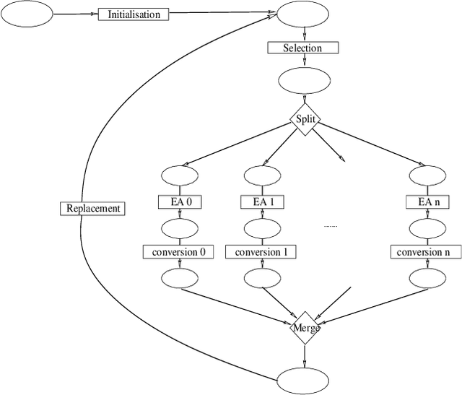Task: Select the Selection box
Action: tap(304, 48)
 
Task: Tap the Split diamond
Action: tap(305, 120)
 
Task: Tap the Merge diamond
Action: tap(305, 329)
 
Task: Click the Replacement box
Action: tap(92, 209)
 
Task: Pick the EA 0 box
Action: tap(179, 203)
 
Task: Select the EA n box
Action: tap(426, 203)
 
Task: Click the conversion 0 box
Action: tap(179, 252)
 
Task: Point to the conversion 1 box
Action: tap(261, 252)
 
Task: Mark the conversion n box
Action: tap(426, 252)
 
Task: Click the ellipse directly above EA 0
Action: tap(179, 175)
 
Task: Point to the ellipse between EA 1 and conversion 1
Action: tap(261, 229)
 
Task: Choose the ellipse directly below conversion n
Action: tap(426, 277)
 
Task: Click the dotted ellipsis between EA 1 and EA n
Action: tap(330, 227)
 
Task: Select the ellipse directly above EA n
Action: tap(426, 175)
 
